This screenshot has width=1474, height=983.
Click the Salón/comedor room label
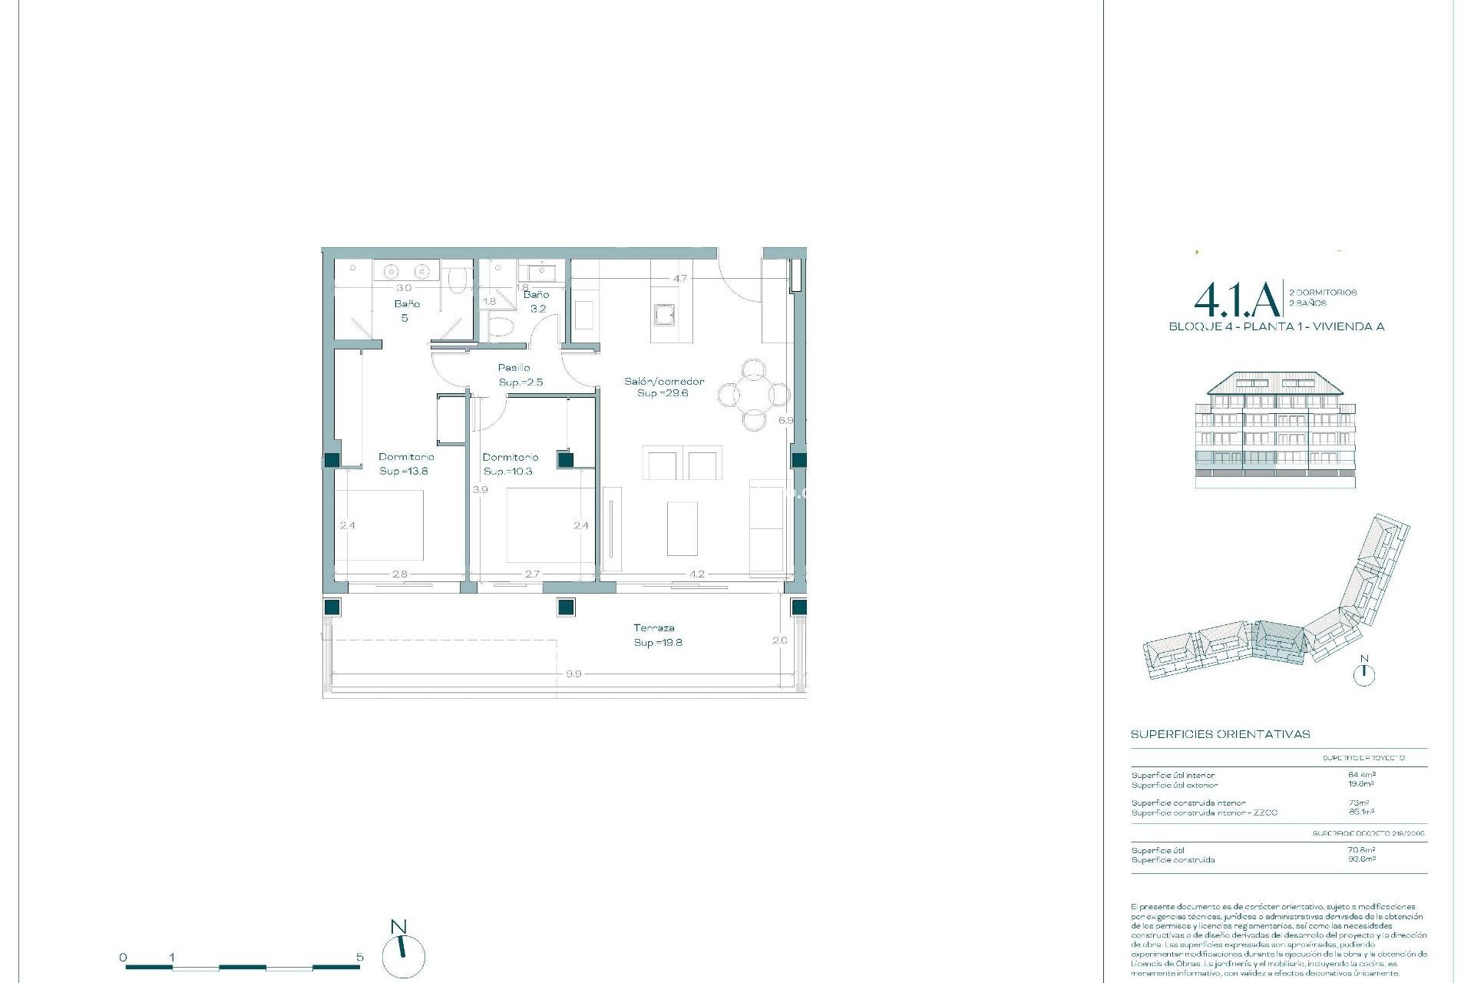point(664,381)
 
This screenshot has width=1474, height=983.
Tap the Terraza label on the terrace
point(654,628)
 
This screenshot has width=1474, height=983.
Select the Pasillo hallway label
point(514,368)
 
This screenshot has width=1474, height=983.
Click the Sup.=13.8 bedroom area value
point(404,471)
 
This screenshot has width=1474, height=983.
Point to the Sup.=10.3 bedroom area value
point(508,471)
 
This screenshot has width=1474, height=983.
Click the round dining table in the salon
point(754,395)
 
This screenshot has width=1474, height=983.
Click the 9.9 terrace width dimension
point(573,674)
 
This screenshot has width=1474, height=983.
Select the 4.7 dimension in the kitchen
point(680,279)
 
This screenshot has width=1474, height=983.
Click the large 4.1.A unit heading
point(1236,301)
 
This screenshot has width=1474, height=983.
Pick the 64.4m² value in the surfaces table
point(1361,775)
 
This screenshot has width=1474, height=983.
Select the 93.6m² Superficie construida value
point(1361,859)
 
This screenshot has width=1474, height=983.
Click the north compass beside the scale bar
point(402,954)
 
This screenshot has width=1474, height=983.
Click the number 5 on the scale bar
point(360,957)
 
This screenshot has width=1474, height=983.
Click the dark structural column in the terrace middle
point(566,607)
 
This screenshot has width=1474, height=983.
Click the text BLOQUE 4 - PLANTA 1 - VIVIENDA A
point(1276,326)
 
